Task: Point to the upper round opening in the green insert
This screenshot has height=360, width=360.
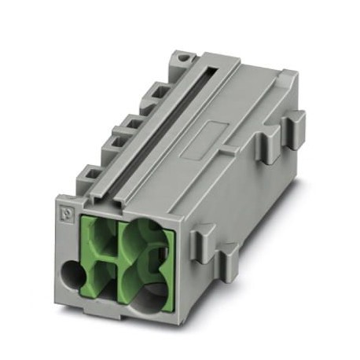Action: pyautogui.click(x=142, y=236)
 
